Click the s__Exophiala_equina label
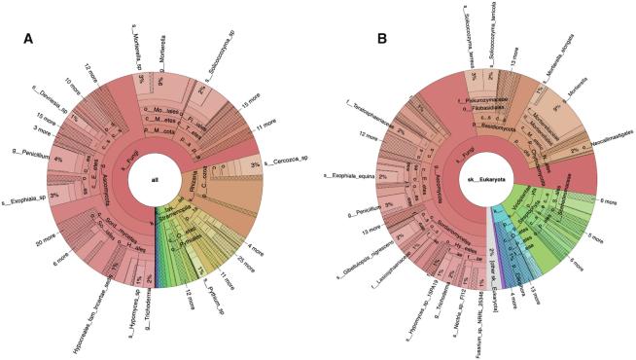click(350, 176)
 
